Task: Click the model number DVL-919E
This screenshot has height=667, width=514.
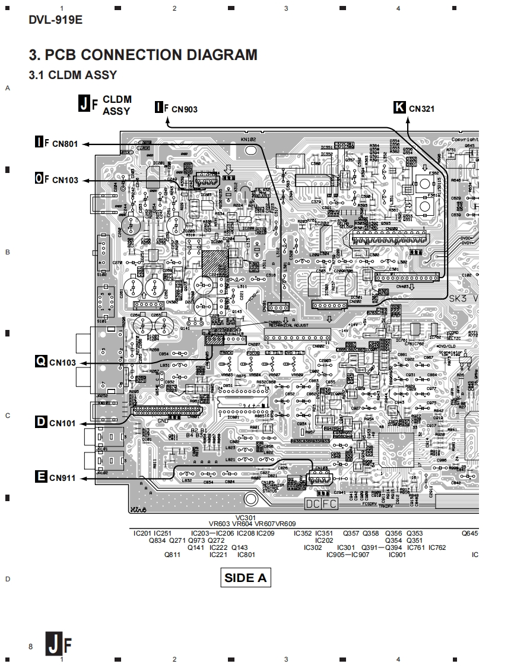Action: (56, 20)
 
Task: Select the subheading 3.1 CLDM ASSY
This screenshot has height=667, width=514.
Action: (73, 75)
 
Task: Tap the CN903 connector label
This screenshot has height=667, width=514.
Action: (184, 109)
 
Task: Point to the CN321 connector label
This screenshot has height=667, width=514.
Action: (421, 109)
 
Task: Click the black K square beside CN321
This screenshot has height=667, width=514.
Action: (399, 108)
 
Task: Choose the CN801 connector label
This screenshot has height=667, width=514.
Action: (65, 143)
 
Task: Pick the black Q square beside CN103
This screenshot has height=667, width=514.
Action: (40, 361)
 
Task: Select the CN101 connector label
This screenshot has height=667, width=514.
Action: (62, 423)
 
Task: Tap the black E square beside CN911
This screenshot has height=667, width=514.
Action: (41, 476)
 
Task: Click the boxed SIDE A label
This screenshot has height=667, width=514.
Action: (245, 577)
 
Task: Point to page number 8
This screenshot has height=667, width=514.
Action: (30, 647)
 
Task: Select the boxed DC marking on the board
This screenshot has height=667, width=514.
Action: (313, 504)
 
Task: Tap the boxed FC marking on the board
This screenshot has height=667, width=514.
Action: (329, 504)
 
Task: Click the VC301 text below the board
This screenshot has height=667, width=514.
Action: (246, 517)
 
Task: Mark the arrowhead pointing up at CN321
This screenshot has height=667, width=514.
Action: (409, 119)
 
